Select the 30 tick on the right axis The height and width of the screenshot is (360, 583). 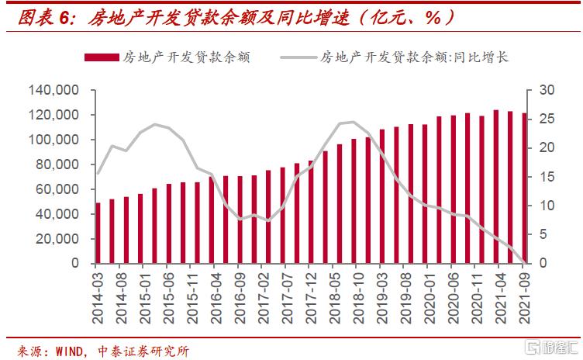click(x=547, y=91)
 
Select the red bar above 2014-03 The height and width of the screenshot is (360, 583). click(x=98, y=233)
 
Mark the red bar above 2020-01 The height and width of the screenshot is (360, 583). click(x=425, y=194)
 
